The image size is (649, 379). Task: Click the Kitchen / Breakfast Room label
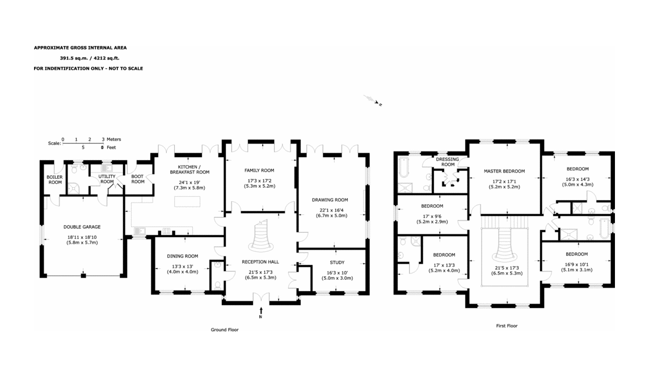(x=190, y=169)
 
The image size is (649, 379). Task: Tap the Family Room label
(x=259, y=170)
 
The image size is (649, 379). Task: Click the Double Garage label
(x=82, y=227)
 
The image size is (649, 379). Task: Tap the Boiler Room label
(x=54, y=179)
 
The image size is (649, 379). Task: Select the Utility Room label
(x=107, y=179)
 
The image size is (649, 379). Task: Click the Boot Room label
(x=138, y=179)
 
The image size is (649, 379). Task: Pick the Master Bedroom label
(x=504, y=171)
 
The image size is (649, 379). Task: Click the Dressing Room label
(x=448, y=162)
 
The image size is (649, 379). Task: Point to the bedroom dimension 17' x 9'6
(x=432, y=216)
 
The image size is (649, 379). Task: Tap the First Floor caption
(x=506, y=326)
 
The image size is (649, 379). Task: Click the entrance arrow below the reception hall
(x=260, y=310)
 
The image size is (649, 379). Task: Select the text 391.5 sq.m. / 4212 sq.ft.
(x=90, y=58)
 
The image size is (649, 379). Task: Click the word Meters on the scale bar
(x=114, y=139)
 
